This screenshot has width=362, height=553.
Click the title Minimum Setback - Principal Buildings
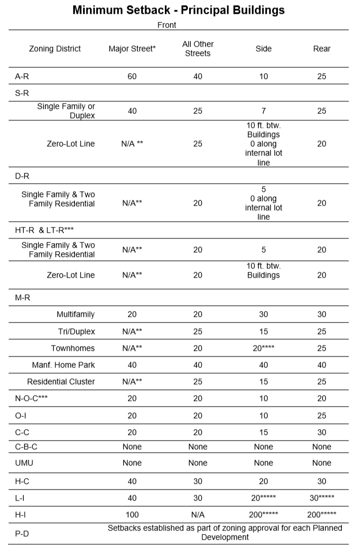click(x=179, y=10)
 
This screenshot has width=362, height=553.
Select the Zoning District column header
click(x=55, y=49)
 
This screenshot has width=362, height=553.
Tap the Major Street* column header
click(x=132, y=49)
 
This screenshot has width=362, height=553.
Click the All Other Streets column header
click(x=198, y=49)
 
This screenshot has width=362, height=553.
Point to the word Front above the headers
click(x=167, y=25)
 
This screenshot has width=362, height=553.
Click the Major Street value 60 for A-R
click(x=132, y=76)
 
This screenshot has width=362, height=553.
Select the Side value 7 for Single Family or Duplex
click(x=263, y=111)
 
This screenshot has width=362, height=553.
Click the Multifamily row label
click(x=76, y=315)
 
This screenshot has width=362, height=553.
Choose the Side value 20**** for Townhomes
click(x=263, y=349)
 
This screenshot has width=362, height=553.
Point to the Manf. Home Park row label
click(x=63, y=365)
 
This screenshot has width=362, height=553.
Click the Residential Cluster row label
click(x=61, y=382)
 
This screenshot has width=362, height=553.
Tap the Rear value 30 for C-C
click(x=322, y=431)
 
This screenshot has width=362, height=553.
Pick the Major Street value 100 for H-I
click(x=132, y=514)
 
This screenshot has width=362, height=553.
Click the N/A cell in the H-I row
click(x=198, y=514)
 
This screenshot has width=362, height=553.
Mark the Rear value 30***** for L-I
click(x=322, y=497)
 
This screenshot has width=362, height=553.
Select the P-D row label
click(x=22, y=533)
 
